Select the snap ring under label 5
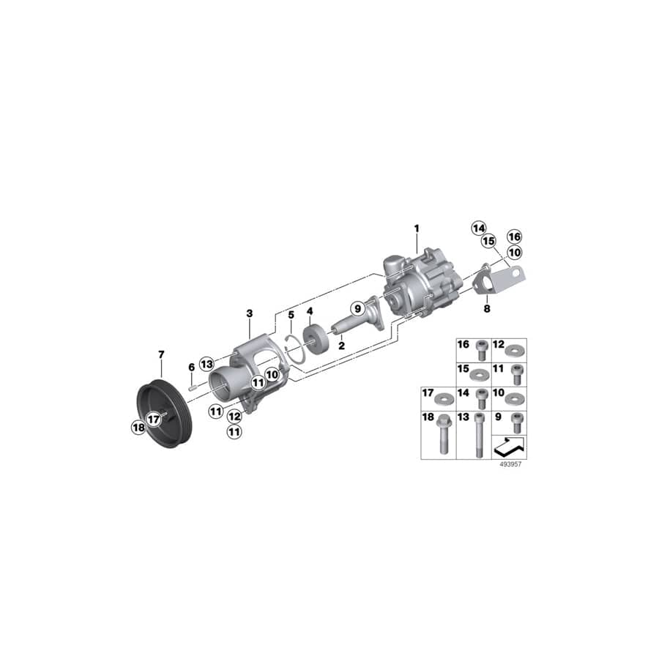(x=294, y=342)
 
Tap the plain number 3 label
(x=249, y=313)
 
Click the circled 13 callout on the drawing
(x=206, y=364)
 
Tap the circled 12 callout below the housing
(x=234, y=416)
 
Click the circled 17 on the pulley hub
(x=152, y=419)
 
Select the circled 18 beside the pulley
(x=138, y=428)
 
